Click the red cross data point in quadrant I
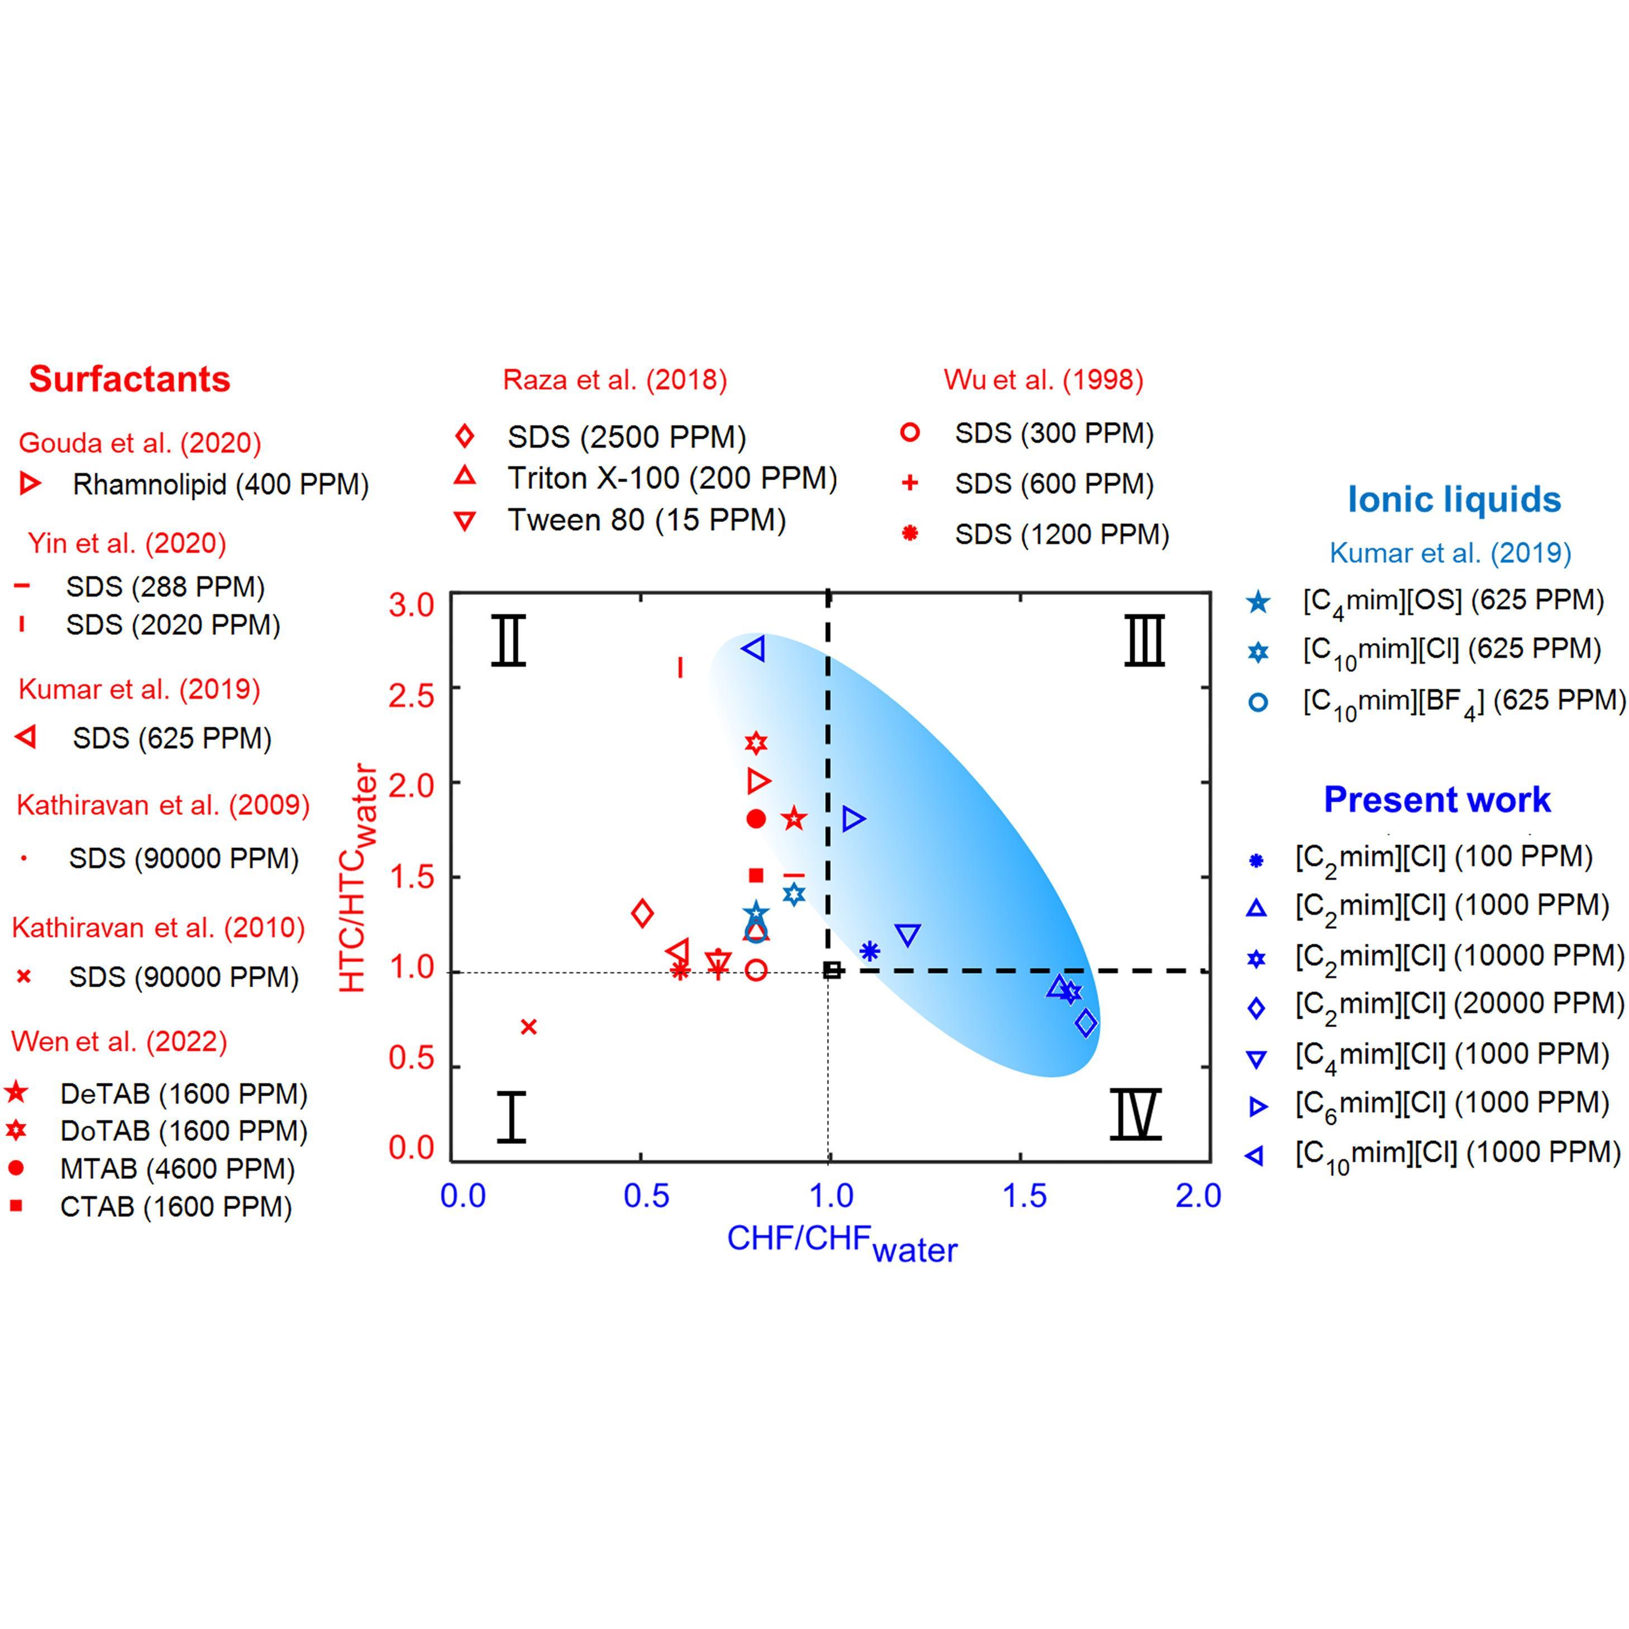tap(529, 1026)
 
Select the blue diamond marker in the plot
tap(1086, 1023)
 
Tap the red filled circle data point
tap(756, 819)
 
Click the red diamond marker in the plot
tap(642, 913)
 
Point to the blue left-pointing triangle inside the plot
tap(754, 648)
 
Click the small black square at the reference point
tap(832, 971)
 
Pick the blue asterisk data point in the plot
tap(870, 951)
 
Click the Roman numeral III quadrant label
tap(1144, 641)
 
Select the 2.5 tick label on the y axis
tap(410, 696)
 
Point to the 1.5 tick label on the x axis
tap(1024, 1196)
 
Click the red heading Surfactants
tap(129, 379)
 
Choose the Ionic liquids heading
tap(1454, 499)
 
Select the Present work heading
tap(1437, 799)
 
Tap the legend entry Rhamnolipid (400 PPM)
tap(220, 484)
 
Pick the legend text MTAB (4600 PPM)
tap(177, 1169)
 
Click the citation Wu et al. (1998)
tap(1043, 379)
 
